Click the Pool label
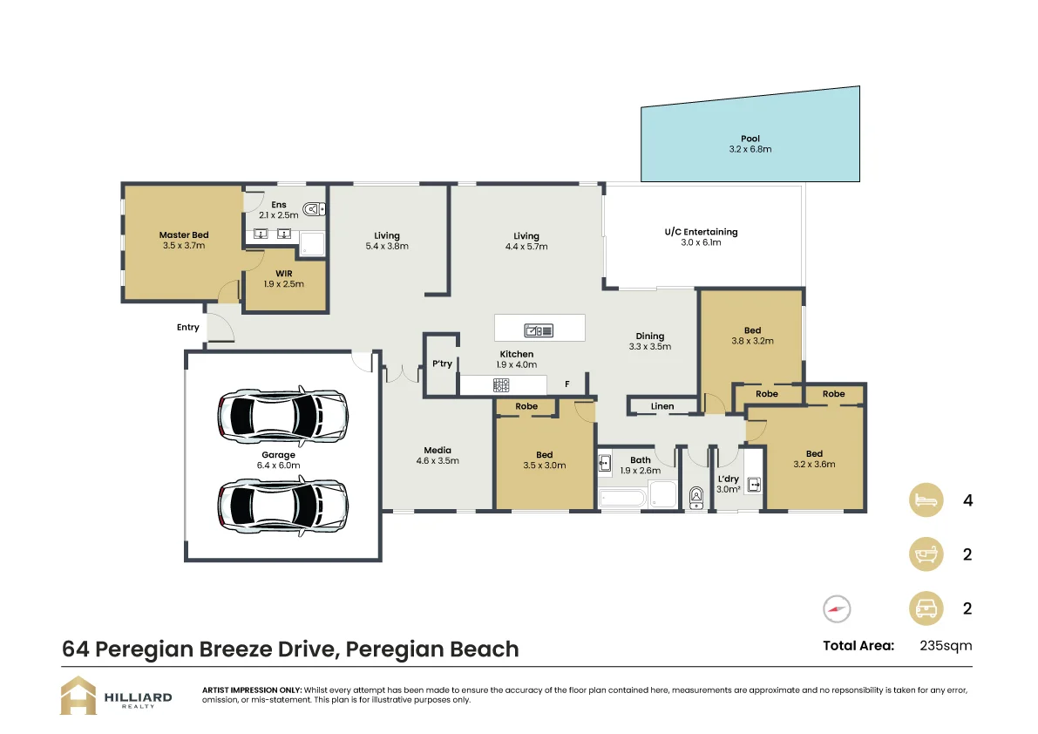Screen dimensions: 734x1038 pos(750,139)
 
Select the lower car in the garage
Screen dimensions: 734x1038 pos(282,504)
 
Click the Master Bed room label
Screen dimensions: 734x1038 pos(184,234)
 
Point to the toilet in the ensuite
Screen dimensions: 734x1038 pos(315,208)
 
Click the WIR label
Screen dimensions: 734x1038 pos(283,273)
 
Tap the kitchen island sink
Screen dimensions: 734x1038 pos(539,330)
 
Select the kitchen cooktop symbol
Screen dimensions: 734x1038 pos(502,384)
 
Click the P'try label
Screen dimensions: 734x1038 pos(442,364)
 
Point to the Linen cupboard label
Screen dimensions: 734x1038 pos(662,406)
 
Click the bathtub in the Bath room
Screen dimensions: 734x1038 pos(622,498)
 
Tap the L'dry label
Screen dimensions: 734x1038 pos(728,479)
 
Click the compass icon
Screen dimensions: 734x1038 pos(836,608)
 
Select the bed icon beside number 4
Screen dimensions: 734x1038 pos(926,500)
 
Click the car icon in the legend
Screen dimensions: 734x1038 pos(926,608)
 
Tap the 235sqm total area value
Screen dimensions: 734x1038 pos(946,646)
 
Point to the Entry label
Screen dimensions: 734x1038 pos(188,328)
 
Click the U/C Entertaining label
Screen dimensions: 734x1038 pos(701,232)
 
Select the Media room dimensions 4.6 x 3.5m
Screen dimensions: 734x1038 pos(438,460)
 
